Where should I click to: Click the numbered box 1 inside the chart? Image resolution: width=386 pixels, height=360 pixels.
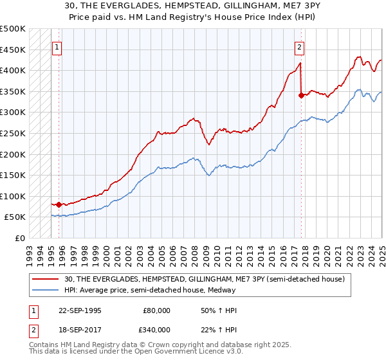[57, 46]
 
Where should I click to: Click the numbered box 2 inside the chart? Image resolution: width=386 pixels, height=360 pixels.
[299, 46]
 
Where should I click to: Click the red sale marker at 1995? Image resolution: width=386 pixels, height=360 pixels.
[59, 204]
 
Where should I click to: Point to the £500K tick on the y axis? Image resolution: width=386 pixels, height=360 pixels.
[13, 29]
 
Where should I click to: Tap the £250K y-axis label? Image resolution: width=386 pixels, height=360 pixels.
[13, 133]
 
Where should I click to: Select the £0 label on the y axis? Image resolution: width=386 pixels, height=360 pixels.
[19, 238]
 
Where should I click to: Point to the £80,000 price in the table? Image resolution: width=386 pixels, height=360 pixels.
[156, 310]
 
